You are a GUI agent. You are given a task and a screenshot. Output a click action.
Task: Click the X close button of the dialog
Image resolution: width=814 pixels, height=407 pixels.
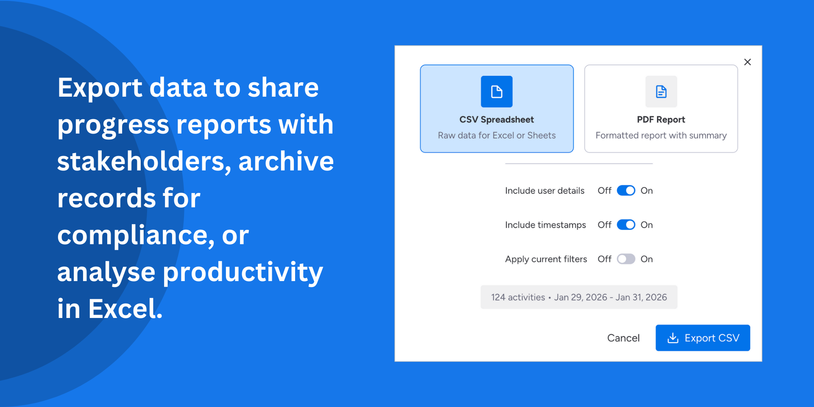(747, 62)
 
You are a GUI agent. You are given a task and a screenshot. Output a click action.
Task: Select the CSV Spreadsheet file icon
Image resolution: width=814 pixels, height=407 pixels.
(496, 92)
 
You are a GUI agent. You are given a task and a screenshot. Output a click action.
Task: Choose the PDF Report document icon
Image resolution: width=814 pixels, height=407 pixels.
(661, 92)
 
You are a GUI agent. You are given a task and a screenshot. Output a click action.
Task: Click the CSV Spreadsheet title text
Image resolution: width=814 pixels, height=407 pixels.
(496, 120)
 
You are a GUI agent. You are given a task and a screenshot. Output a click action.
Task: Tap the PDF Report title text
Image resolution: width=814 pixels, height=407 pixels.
(661, 120)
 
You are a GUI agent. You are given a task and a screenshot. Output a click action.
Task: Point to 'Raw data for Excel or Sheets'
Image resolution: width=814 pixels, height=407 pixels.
(496, 135)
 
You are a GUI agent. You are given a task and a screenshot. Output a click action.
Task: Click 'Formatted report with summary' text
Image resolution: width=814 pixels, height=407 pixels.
(661, 135)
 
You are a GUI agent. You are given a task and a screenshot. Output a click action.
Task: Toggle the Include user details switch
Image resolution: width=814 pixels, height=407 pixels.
(626, 190)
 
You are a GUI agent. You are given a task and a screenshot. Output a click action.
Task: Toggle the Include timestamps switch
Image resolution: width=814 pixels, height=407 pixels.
(626, 225)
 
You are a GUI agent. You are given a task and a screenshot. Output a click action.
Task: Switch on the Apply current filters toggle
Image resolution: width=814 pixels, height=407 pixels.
(626, 259)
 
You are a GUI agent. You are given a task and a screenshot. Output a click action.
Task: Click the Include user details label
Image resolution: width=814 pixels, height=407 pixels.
(545, 191)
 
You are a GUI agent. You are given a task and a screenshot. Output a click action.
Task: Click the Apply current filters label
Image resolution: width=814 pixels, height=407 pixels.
(546, 259)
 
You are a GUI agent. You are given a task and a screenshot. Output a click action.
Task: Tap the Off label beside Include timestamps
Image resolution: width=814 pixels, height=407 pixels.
(605, 225)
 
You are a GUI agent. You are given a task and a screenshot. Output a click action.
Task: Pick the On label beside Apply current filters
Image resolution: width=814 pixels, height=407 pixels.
(647, 259)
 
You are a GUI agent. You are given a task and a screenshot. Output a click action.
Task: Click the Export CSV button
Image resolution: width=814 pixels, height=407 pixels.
(702, 338)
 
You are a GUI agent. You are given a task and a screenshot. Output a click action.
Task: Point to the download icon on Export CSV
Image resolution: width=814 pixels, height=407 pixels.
(673, 338)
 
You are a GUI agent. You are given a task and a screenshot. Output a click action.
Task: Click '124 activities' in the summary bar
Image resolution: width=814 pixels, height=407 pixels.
(518, 297)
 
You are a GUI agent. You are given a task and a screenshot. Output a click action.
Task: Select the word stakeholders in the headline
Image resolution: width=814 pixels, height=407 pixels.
(144, 162)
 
